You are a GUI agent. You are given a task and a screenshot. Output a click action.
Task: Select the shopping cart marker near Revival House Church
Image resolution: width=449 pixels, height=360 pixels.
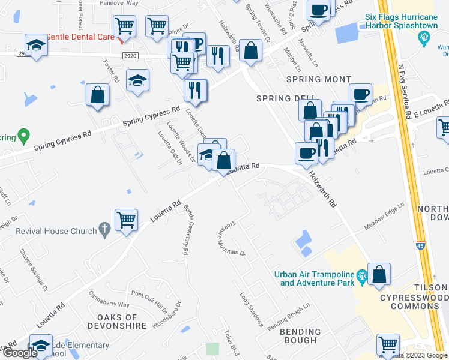(127, 221)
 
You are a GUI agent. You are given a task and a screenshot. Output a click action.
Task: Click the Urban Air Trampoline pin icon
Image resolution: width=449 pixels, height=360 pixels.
(361, 275)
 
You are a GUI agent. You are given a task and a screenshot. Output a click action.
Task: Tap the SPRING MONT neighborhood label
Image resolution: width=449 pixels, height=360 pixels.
(318, 79)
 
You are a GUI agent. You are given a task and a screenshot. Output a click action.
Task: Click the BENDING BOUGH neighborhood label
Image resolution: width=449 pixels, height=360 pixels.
(300, 336)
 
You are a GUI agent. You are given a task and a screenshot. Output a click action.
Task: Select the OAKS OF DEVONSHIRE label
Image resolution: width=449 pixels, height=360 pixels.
(117, 321)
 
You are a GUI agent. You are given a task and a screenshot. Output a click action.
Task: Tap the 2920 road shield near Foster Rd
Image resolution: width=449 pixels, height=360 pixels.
(128, 53)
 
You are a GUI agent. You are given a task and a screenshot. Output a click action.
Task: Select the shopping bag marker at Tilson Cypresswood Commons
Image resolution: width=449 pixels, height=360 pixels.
(380, 275)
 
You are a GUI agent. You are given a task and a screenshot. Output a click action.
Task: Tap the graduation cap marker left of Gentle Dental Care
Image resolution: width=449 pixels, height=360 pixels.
(36, 46)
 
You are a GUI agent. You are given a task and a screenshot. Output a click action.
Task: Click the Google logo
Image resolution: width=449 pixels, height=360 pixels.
(20, 353)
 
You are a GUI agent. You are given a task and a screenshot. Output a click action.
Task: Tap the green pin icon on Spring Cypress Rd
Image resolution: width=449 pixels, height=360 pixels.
(23, 136)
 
